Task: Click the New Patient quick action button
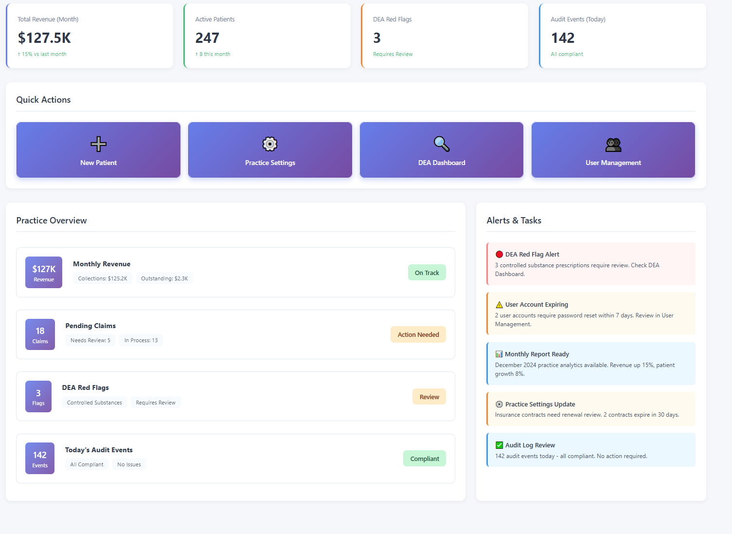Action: click(x=98, y=150)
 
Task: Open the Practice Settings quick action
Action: click(x=270, y=150)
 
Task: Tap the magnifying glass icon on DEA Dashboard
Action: click(x=442, y=144)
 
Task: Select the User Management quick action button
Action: click(x=613, y=150)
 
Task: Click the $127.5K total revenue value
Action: click(x=44, y=38)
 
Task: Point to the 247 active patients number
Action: click(x=207, y=38)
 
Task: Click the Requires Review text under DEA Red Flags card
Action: click(x=393, y=54)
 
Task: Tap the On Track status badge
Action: click(x=427, y=273)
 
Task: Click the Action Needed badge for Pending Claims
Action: click(x=418, y=334)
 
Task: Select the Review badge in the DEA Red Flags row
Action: click(x=429, y=397)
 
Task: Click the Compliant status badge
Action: click(x=424, y=459)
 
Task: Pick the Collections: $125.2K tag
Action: click(x=103, y=278)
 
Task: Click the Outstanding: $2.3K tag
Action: click(x=164, y=278)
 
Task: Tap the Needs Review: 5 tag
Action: click(x=90, y=340)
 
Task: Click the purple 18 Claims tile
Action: click(x=40, y=334)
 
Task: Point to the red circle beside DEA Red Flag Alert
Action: click(x=499, y=254)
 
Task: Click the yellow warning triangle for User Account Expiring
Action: click(x=499, y=305)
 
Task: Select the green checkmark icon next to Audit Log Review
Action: click(x=499, y=445)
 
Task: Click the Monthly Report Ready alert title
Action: click(x=536, y=354)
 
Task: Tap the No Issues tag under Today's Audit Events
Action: click(x=129, y=464)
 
